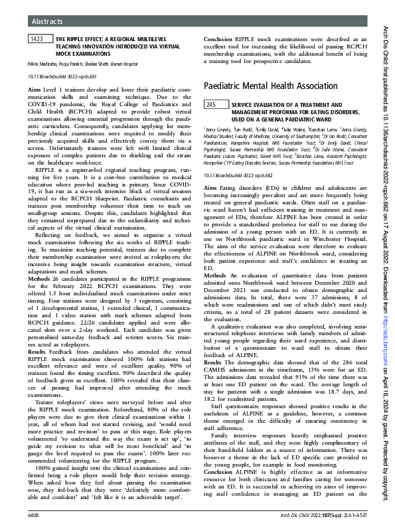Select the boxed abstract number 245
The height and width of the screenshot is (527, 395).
[x=212, y=105]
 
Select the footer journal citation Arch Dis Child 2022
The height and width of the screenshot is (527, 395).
[x=319, y=514]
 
